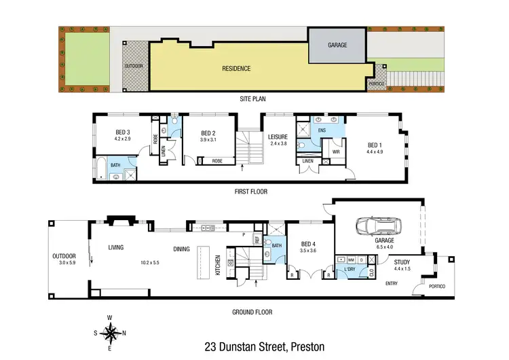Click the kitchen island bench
pyautogui.click(x=203, y=261)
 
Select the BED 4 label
pyautogui.click(x=308, y=244)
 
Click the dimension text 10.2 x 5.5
pyautogui.click(x=151, y=262)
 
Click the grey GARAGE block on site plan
pyautogui.click(x=337, y=46)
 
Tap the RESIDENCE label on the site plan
pyautogui.click(x=236, y=69)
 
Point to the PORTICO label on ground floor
pyautogui.click(x=436, y=287)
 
